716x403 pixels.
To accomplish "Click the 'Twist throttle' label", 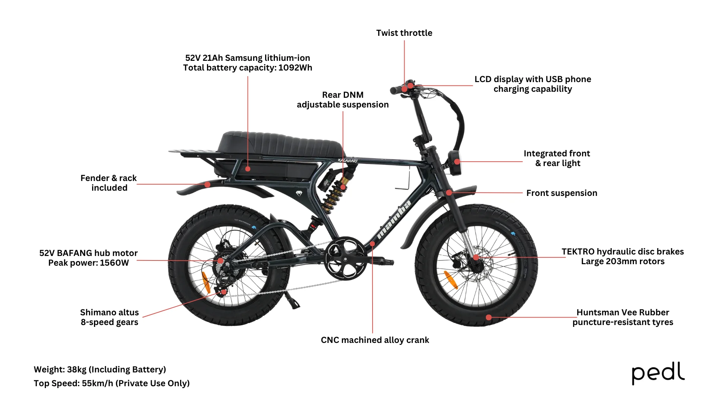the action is (x=404, y=33).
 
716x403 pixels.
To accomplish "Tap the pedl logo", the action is (x=658, y=373).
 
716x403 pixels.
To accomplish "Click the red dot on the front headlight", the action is (x=457, y=162).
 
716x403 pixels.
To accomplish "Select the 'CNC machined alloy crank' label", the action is (x=375, y=340).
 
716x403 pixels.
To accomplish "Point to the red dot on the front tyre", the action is (x=489, y=318).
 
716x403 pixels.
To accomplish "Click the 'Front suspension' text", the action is (x=562, y=193).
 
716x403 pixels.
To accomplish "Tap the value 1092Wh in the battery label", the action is (x=295, y=68).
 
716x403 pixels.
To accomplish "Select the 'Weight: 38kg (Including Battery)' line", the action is (x=100, y=369).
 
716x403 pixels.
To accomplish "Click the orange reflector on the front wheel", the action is (x=451, y=280).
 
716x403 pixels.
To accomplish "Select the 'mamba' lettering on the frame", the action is (x=393, y=220).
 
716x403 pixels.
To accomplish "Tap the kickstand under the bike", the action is (x=292, y=300).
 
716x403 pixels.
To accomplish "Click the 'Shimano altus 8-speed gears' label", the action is (x=109, y=317).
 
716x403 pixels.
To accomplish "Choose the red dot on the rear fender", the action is (x=208, y=184).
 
